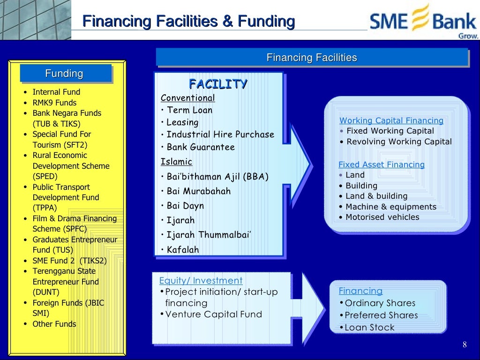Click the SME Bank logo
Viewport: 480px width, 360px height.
(423, 22)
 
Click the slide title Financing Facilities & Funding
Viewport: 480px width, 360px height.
(188, 22)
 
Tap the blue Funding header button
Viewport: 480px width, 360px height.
(64, 74)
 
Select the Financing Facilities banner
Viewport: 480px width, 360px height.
(312, 58)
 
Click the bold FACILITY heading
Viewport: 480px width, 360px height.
(218, 84)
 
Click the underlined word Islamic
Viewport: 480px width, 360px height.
(176, 162)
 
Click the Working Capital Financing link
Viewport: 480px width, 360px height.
(391, 120)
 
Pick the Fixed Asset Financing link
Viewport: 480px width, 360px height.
(382, 165)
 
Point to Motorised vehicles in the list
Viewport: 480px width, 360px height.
(382, 217)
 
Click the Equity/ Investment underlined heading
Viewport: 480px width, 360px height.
(201, 281)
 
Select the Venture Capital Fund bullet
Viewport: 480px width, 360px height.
(213, 315)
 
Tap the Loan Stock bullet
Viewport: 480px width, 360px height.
(369, 328)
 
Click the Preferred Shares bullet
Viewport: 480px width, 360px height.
(381, 315)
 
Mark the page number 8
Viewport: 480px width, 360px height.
(465, 345)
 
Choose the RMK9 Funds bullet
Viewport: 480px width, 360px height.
(54, 103)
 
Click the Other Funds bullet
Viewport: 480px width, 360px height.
(54, 324)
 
